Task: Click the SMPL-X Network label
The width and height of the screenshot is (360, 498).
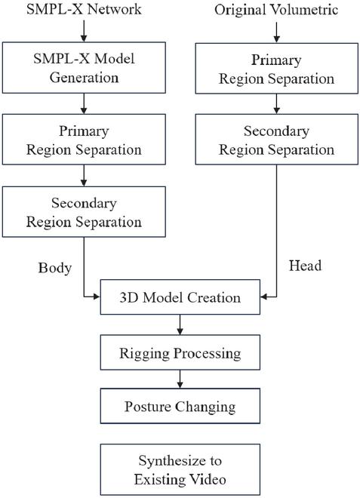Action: (x=84, y=9)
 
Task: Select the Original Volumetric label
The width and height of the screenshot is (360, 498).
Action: (x=276, y=10)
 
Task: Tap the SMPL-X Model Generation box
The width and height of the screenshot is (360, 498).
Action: (x=84, y=68)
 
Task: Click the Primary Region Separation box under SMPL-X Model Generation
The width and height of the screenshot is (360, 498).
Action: (x=84, y=140)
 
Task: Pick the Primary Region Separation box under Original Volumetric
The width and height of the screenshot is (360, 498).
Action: (x=276, y=69)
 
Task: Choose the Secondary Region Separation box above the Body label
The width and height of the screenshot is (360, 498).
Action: (x=84, y=212)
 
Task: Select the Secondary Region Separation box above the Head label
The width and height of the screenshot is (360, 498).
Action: (x=276, y=140)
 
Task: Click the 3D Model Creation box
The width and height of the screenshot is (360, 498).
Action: (x=180, y=297)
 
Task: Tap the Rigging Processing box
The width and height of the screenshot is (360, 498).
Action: (x=180, y=352)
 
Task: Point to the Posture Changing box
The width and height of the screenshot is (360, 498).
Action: (x=180, y=406)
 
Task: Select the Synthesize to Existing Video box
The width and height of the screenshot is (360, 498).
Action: (x=180, y=469)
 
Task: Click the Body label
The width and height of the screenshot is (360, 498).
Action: (x=55, y=268)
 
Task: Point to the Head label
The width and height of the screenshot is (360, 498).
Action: (x=305, y=266)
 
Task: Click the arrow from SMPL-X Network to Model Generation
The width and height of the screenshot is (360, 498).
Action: (x=84, y=31)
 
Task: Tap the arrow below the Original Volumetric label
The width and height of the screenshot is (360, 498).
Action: (x=276, y=32)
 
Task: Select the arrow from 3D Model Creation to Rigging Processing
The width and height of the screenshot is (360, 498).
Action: (x=180, y=324)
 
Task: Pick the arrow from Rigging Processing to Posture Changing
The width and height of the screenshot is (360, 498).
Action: (x=180, y=379)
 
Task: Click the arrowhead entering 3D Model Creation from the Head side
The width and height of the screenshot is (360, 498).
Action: (x=263, y=297)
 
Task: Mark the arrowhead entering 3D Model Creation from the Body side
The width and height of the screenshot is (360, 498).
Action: (x=97, y=297)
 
